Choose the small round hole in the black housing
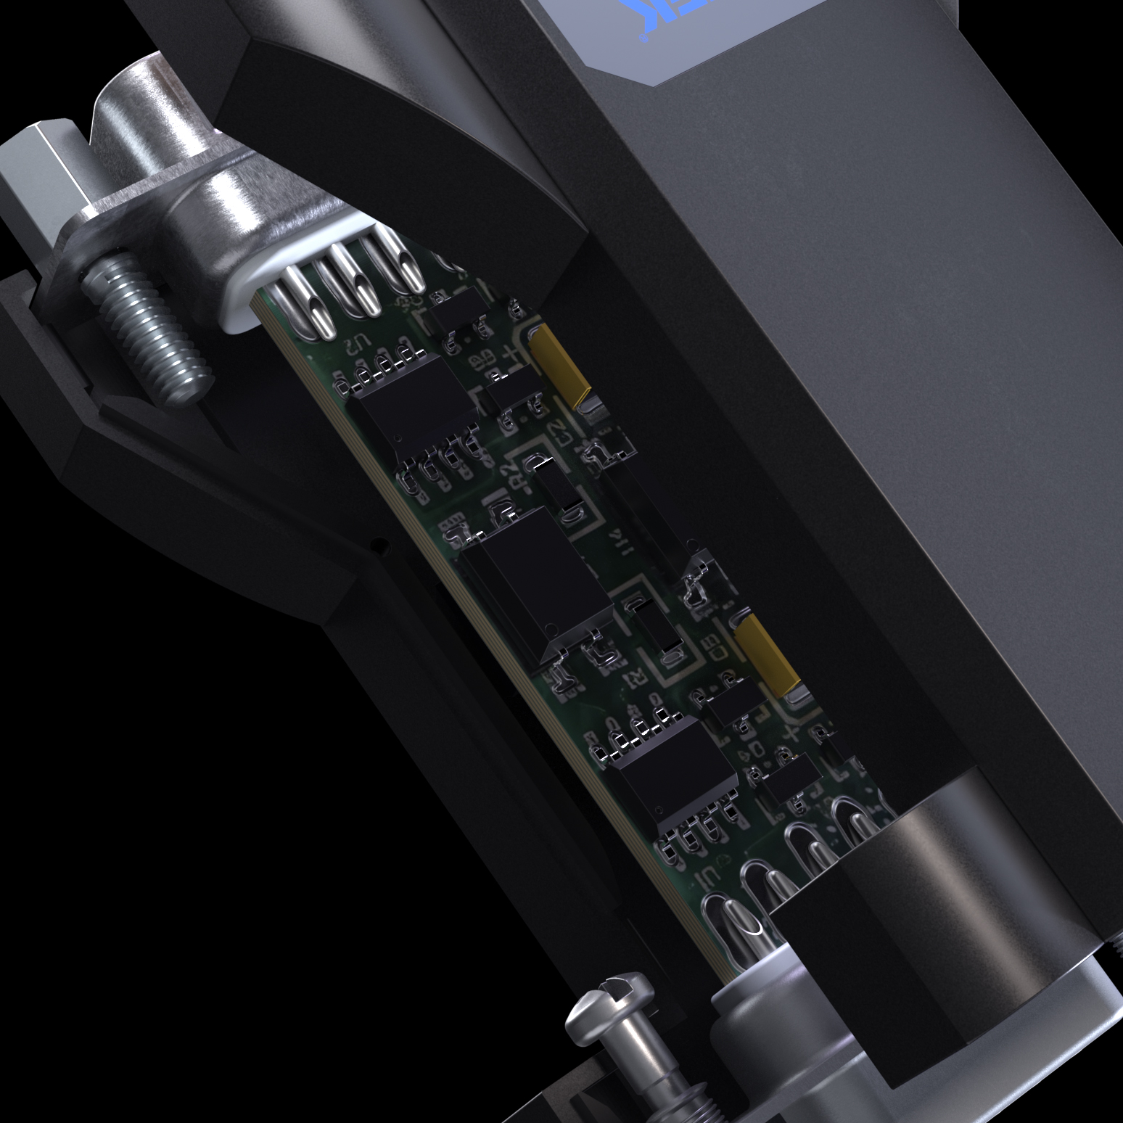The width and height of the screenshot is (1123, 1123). coord(373,542)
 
